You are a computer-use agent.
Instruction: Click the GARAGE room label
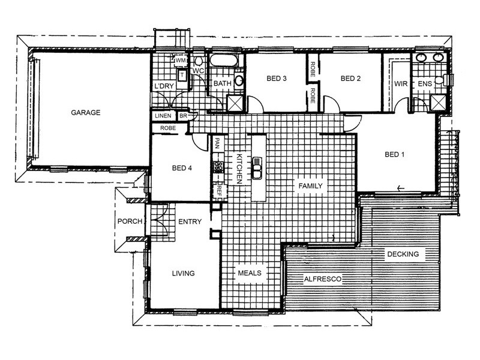point(86,113)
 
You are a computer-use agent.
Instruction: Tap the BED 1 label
point(395,155)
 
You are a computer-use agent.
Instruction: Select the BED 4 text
point(182,168)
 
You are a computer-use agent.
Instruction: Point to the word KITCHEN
point(239,169)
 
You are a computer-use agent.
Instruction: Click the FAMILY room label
point(310,186)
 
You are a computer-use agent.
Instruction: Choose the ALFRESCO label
point(323,279)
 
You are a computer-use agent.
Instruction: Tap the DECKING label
point(403,254)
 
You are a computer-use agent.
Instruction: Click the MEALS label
point(250,273)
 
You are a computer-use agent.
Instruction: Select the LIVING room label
point(184,274)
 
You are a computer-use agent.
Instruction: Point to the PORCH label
point(130,221)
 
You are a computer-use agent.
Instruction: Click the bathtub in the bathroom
point(224,61)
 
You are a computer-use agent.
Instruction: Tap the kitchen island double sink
point(257,168)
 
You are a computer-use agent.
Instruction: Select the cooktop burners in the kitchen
point(218,167)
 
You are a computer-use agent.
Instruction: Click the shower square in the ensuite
point(438,102)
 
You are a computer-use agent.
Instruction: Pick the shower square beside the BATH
point(235,103)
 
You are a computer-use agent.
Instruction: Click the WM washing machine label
point(181,61)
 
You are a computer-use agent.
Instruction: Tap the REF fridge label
point(219,190)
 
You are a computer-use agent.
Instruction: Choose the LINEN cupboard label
point(163,116)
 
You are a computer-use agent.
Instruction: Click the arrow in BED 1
point(400,188)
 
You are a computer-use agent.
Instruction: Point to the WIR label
point(401,83)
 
